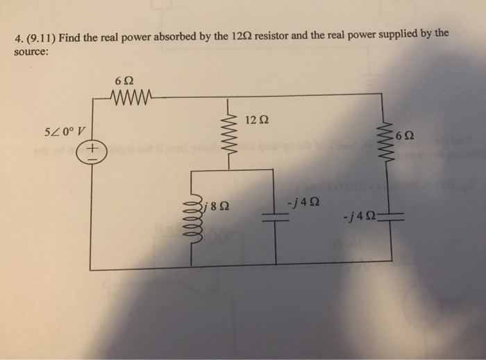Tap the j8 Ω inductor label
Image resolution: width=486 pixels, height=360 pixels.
[217, 206]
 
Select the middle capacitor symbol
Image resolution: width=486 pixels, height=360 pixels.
[276, 217]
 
